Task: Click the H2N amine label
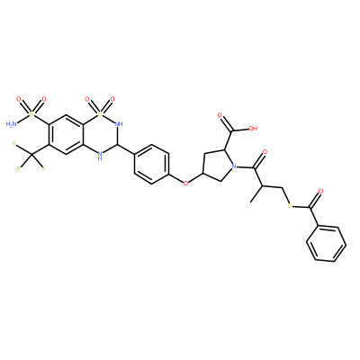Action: click(12, 123)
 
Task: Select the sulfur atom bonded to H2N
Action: click(31, 113)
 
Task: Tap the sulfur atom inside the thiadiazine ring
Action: click(100, 113)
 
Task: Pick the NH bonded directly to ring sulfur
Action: click(119, 123)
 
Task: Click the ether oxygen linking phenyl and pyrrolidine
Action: click(185, 183)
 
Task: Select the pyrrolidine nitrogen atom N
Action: click(235, 166)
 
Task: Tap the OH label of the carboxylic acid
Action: click(253, 129)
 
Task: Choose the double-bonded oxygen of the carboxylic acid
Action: click(220, 115)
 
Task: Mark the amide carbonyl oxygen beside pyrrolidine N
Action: click(265, 152)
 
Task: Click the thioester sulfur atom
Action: click(289, 206)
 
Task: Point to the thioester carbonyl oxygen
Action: click(320, 191)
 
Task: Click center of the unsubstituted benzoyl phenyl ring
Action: click(326, 244)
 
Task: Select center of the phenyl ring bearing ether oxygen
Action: click(152, 165)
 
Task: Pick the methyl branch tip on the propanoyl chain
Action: click(251, 202)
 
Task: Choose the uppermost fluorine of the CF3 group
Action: click(14, 144)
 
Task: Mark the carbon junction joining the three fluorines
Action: click(31, 154)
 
